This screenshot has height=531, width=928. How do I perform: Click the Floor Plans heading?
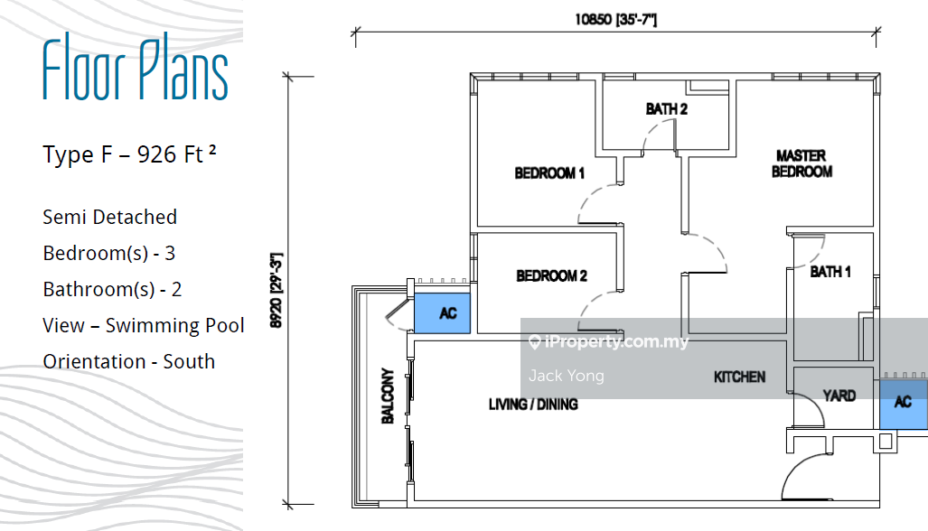(x=136, y=70)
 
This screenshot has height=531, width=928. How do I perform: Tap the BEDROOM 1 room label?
(x=549, y=173)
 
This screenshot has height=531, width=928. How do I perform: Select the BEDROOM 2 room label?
(x=551, y=276)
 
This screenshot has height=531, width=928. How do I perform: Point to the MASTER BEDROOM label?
(x=801, y=163)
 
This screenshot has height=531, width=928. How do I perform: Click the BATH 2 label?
(x=667, y=110)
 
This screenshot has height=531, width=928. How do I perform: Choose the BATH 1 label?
(x=830, y=271)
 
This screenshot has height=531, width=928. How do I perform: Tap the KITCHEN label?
(x=739, y=377)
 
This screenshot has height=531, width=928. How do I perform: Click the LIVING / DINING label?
(x=533, y=405)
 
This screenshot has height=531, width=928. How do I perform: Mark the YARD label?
(x=839, y=396)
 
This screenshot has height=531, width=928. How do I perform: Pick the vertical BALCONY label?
(x=388, y=396)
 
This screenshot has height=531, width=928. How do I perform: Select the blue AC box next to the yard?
(x=903, y=402)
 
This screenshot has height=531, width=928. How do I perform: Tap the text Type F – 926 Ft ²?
(x=129, y=154)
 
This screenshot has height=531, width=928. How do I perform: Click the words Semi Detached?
(x=109, y=217)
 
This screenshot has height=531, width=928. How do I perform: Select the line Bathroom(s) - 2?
(x=112, y=289)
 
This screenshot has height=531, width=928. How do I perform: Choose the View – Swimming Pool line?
(x=143, y=325)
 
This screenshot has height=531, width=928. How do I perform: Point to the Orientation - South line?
(x=128, y=361)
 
